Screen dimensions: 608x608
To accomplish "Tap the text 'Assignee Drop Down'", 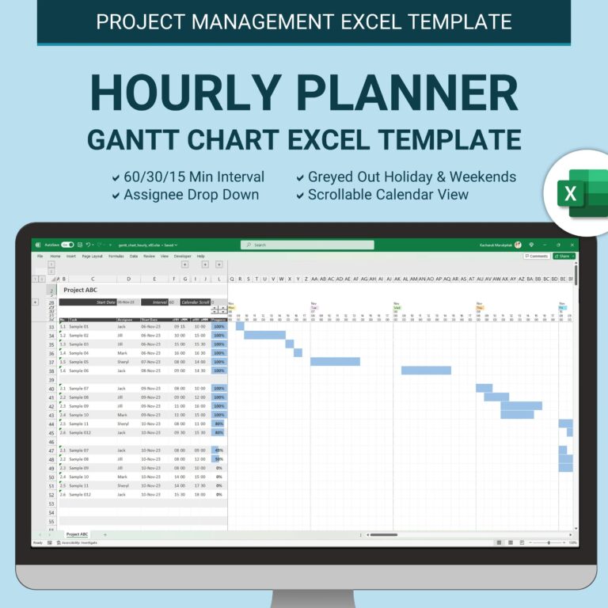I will click(x=190, y=195).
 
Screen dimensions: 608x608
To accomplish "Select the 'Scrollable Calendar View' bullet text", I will click(x=388, y=195).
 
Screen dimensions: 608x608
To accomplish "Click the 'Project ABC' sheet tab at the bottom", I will click(x=77, y=534).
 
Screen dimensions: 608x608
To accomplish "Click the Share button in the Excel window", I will click(x=563, y=256).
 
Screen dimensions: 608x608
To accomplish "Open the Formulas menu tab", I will click(x=116, y=256).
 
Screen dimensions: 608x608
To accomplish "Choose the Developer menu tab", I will click(x=182, y=256).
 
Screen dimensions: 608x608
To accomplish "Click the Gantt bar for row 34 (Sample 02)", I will click(x=264, y=335).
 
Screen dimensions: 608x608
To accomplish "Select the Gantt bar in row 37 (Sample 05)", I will click(x=335, y=362).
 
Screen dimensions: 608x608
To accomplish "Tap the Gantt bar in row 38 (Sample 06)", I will click(x=426, y=370).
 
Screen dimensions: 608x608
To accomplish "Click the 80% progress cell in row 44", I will click(x=218, y=424).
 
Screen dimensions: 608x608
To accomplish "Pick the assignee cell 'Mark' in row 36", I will click(x=122, y=353).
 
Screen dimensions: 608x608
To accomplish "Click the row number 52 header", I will click(x=51, y=494).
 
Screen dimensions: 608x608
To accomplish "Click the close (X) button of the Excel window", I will click(x=571, y=245).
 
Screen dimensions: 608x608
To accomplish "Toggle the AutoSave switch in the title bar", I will click(x=67, y=245).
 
